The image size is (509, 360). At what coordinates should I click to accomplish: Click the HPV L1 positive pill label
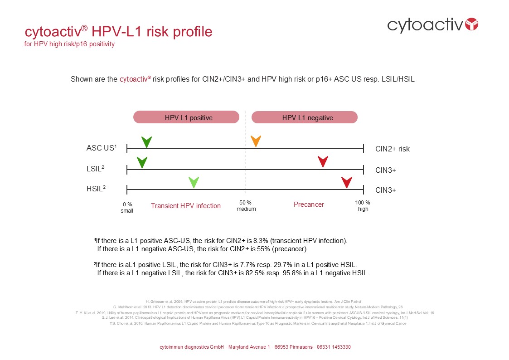pos(186,117)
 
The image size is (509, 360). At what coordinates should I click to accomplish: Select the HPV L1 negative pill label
pos(305,117)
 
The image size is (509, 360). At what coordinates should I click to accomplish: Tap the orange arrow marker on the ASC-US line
pos(256,141)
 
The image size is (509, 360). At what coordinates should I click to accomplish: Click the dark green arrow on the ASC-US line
pos(146,141)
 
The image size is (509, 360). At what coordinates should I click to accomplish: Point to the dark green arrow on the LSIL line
pos(142,162)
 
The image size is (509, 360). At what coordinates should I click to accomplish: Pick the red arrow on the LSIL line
pos(323,161)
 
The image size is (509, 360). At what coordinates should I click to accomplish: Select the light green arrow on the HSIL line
pos(194,182)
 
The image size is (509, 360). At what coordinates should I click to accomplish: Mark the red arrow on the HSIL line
pos(347,182)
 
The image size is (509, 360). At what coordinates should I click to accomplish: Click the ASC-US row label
pos(102,148)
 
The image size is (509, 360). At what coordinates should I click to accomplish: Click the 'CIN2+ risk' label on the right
pos(393,149)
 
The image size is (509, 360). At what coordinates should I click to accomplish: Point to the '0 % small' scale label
pos(127,207)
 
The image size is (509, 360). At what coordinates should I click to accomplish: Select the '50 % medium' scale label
pos(246,206)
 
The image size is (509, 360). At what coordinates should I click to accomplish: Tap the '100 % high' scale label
pos(363,206)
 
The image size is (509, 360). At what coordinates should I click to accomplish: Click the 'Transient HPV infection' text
pos(186,206)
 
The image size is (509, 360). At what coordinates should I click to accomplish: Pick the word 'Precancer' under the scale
pos(309,204)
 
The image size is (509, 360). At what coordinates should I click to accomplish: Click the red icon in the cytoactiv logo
pos(472,24)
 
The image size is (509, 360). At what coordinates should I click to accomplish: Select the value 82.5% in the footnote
pos(245,273)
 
